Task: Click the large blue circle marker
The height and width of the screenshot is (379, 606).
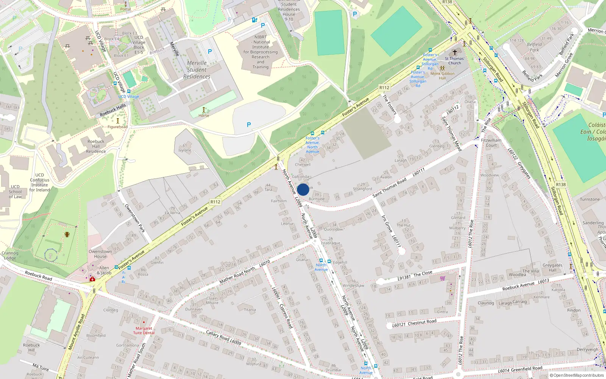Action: coord(303,189)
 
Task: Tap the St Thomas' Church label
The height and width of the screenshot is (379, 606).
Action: coord(454,61)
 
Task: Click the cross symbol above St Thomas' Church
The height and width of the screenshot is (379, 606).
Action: coord(455,52)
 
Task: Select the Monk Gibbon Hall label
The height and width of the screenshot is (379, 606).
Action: coord(442,76)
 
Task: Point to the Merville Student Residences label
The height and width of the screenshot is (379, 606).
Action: coord(197,70)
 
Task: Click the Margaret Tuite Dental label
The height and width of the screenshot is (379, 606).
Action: coord(144,330)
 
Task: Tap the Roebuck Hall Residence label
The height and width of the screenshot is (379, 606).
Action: coord(96,146)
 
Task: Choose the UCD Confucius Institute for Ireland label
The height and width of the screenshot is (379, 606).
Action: coord(40,182)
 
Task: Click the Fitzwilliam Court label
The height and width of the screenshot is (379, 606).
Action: coord(491,143)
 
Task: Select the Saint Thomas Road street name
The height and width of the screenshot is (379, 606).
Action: coord(389,188)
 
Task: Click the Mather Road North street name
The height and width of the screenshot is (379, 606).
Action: coord(237,275)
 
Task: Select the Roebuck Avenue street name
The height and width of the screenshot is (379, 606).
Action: coord(518,286)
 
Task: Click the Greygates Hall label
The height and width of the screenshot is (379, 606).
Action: coord(552,268)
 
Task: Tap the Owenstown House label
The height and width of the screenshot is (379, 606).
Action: coord(100,254)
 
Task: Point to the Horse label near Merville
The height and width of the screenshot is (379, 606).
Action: coord(204,115)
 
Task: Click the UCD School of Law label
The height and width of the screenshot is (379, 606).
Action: coord(15,191)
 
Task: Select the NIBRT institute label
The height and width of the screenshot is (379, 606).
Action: coord(261,52)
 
